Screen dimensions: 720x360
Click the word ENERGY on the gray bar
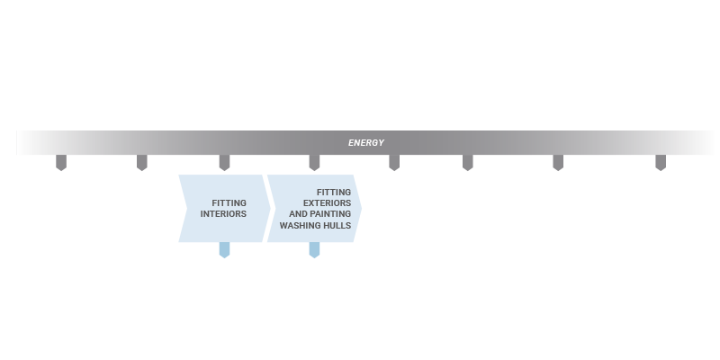pos(366,143)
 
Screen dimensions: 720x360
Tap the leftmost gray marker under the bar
pos(61,163)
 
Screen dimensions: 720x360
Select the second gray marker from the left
pos(142,163)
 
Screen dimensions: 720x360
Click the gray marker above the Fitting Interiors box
pos(224,163)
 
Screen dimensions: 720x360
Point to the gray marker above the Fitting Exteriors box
pos(314,163)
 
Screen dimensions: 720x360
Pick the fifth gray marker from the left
pos(394,163)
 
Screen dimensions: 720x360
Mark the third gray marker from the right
pos(468,163)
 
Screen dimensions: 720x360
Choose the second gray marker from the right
pos(558,163)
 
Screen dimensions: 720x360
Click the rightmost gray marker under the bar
pos(661,163)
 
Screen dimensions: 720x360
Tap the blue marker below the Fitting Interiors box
pos(224,250)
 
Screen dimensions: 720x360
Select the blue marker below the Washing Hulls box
pos(314,250)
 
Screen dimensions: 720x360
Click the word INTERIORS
pos(223,214)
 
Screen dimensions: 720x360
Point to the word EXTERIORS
pos(327,203)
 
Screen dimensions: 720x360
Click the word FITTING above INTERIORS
pos(229,203)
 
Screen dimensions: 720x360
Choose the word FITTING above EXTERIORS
pos(334,192)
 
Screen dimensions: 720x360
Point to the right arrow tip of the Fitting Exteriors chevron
pos(362,209)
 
